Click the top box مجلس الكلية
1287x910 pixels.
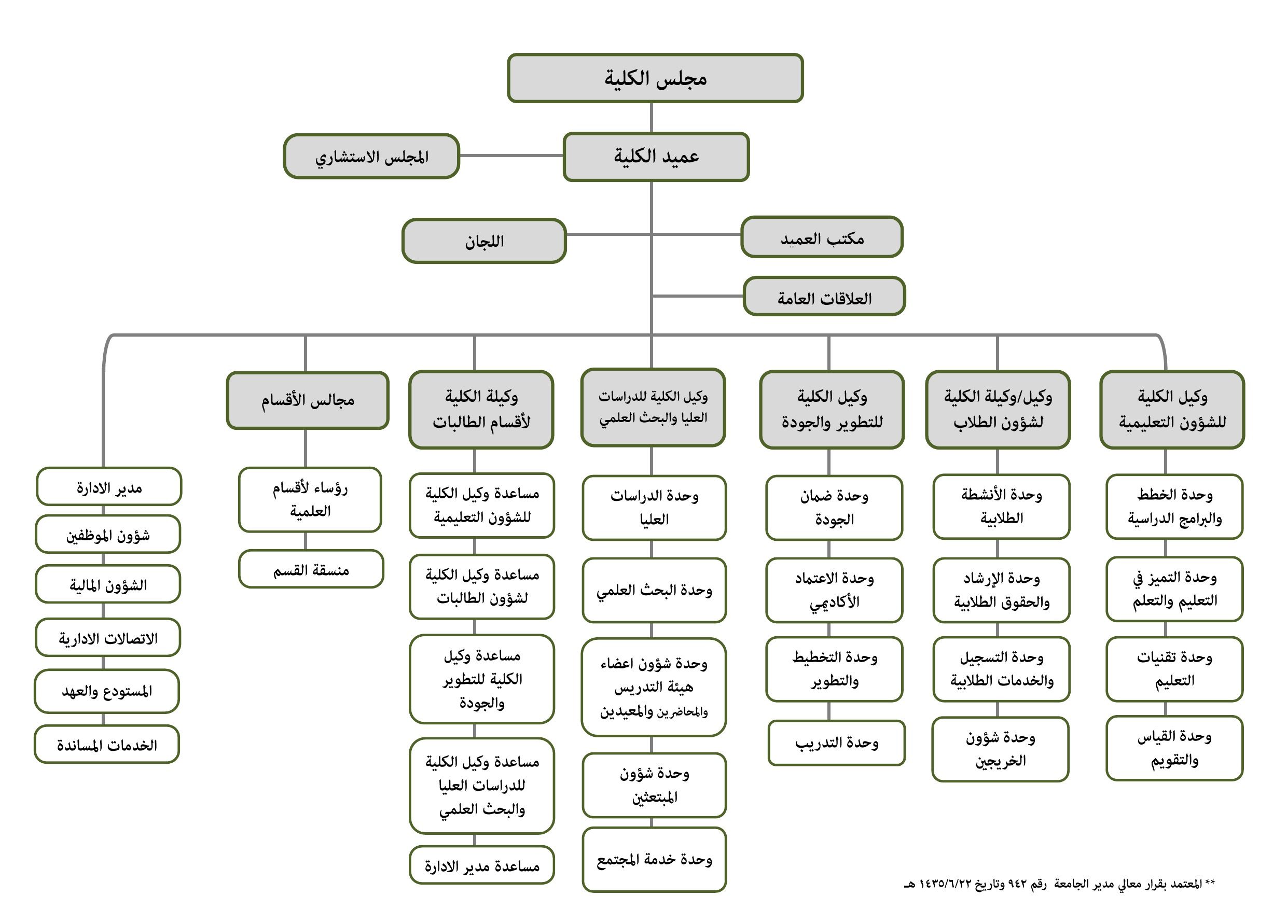click(655, 78)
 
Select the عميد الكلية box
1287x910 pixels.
click(656, 157)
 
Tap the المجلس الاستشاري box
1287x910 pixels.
click(371, 157)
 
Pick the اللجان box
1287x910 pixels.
click(484, 241)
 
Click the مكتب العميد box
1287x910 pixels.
click(822, 237)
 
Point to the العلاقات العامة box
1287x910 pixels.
click(824, 297)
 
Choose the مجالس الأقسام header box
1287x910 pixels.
click(307, 401)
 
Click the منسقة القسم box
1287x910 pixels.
click(311, 569)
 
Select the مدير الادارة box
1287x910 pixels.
click(109, 487)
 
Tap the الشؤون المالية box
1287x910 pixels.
click(107, 584)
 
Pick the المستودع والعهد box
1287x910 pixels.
click(106, 691)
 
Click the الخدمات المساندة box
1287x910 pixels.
click(106, 744)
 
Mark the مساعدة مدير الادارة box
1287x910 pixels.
click(481, 865)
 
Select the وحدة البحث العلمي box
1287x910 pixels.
click(654, 590)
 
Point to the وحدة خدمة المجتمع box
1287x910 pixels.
click(654, 860)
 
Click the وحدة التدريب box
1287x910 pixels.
click(836, 743)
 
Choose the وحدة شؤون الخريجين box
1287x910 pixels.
click(1001, 749)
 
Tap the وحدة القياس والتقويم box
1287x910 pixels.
click(1175, 748)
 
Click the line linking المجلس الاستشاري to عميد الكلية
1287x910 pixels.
click(511, 156)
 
